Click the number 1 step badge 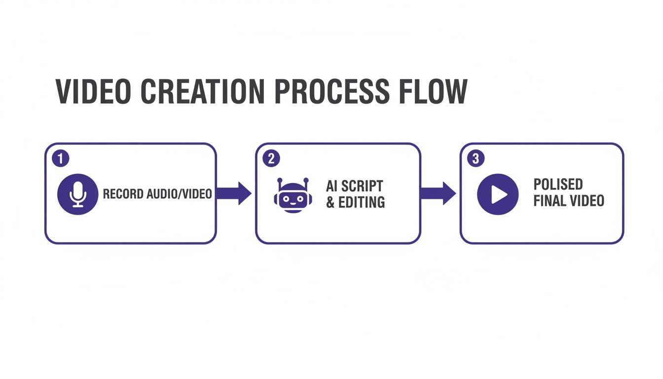[60, 158]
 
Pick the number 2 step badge [271, 158]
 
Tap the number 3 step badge [476, 158]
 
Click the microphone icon [78, 193]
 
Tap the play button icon [498, 194]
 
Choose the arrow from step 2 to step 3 [438, 193]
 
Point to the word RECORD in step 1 [123, 194]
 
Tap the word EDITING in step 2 [362, 202]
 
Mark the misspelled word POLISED [558, 185]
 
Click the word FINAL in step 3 [549, 201]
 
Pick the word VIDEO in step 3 [587, 201]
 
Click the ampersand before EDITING [331, 202]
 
